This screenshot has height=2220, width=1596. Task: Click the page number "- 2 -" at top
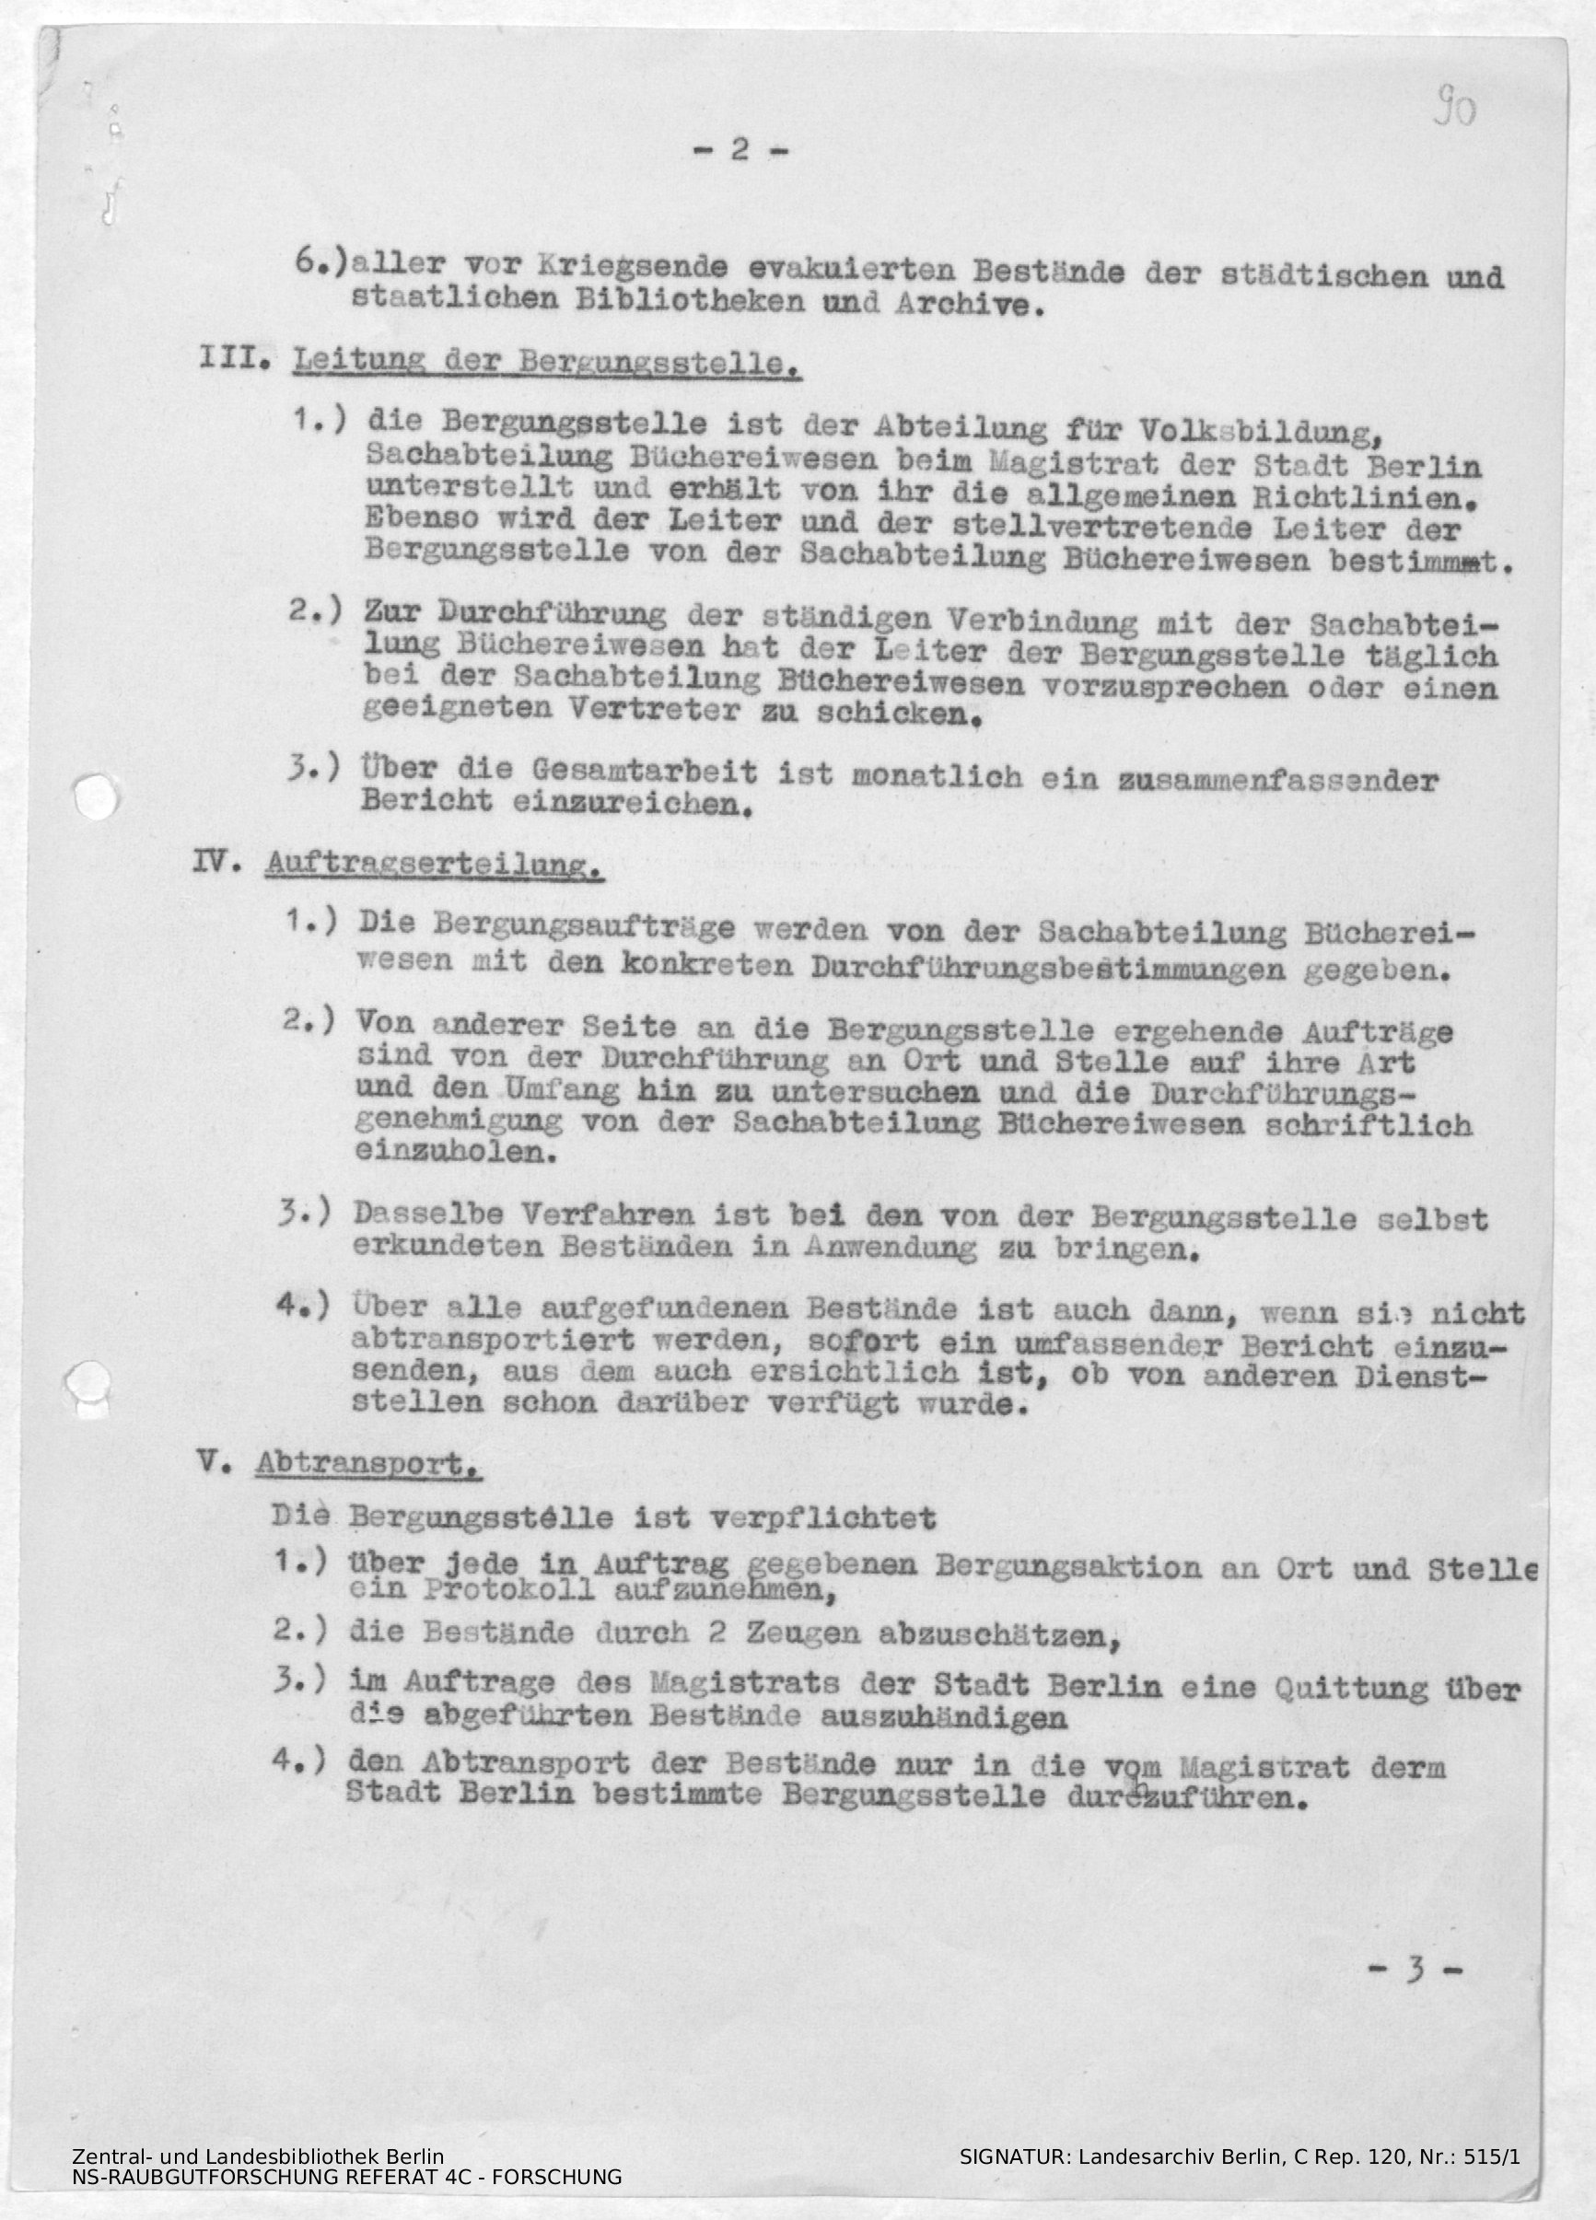[740, 150]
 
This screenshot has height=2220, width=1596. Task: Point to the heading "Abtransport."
[367, 1464]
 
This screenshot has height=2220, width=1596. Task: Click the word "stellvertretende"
[1048, 529]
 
